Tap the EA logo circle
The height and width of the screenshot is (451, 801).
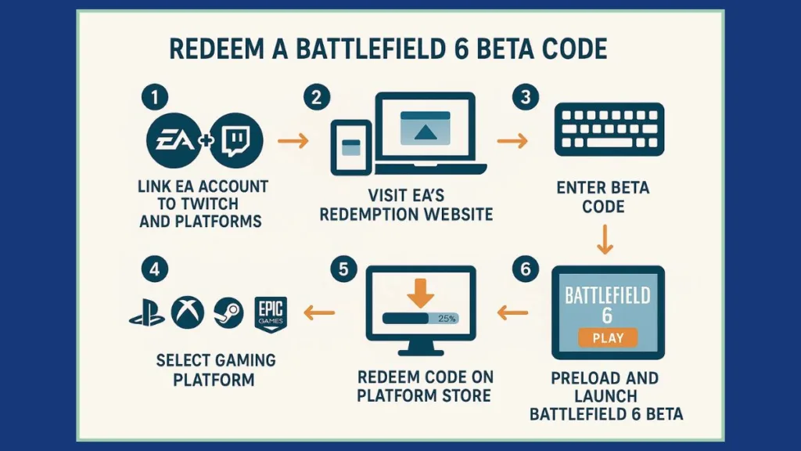coord(172,142)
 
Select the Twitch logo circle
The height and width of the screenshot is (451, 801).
coord(236,142)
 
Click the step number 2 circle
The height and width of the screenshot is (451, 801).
coord(315,99)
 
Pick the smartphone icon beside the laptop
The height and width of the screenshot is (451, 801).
coord(350,146)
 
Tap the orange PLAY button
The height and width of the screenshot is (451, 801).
coord(607,337)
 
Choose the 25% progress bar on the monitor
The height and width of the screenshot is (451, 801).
coord(421,319)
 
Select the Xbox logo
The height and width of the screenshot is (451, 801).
coord(188,312)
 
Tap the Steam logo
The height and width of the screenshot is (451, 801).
coord(228,312)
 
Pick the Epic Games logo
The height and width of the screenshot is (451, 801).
coord(271,312)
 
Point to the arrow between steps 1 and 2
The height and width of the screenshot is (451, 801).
coord(293,142)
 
